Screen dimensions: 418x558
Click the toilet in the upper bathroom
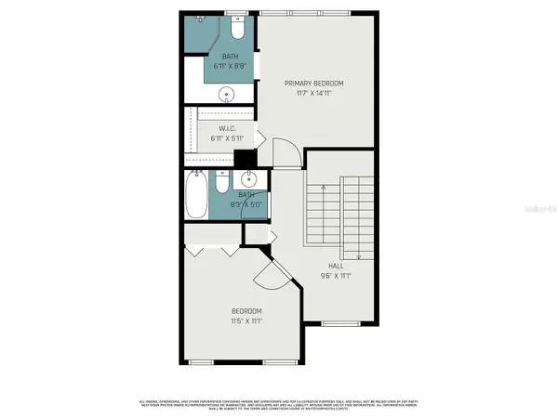238,32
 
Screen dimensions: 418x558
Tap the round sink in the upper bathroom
226,94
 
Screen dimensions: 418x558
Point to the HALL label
336,266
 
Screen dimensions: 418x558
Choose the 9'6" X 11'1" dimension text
336,276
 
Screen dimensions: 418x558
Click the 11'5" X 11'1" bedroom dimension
246,320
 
